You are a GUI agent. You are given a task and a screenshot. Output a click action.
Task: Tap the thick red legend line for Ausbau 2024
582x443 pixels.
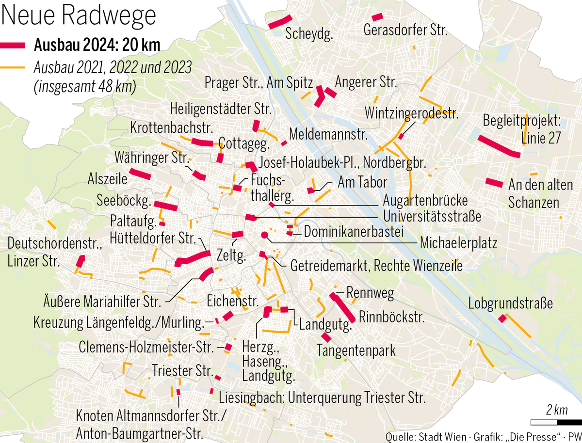tap(14, 45)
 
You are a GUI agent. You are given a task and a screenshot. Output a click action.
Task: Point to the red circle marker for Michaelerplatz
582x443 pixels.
tap(264, 236)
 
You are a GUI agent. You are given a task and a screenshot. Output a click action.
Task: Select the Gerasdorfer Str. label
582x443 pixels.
tap(405, 31)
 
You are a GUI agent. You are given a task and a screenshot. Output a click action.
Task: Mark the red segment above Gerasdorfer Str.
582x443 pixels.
tap(377, 16)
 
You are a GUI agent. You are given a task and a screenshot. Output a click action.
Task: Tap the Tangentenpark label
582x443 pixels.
tap(356, 350)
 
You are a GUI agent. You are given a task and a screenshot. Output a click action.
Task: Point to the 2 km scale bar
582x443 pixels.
tap(549, 421)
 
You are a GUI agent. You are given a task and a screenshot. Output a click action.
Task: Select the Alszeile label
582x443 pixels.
tap(108, 178)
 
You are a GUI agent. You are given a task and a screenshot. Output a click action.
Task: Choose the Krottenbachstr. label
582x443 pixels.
tap(172, 128)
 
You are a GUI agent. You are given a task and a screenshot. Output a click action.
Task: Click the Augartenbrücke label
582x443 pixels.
tap(425, 200)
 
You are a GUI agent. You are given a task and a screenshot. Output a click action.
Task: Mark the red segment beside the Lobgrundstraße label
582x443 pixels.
tap(502, 319)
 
